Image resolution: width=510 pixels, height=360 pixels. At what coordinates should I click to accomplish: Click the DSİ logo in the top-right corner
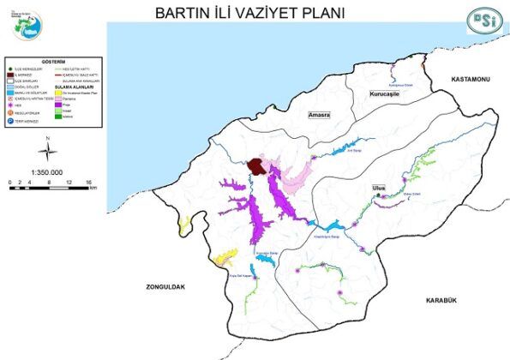point(477,19)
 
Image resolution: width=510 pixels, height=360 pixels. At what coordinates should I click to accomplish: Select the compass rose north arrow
point(50,149)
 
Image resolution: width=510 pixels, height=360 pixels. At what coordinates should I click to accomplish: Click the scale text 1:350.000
point(49,172)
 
